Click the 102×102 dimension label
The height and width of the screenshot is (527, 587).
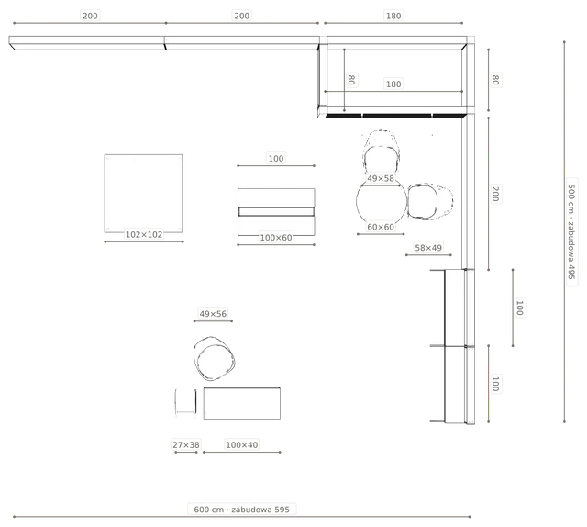coord(144,235)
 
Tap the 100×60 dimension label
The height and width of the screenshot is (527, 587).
coord(276,238)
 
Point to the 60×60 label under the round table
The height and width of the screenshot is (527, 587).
coord(381,227)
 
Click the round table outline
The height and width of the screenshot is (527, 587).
coord(357,202)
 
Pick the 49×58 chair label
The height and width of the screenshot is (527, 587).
coord(381,178)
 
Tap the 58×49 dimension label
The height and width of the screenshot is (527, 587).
coord(428,248)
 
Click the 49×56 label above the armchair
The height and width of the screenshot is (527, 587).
coord(213,314)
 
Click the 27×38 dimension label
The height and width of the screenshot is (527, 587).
coord(186,445)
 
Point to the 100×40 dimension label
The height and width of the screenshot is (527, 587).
coord(242,445)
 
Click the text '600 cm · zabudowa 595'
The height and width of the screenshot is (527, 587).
coord(242,510)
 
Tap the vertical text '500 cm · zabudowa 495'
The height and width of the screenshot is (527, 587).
coord(571,231)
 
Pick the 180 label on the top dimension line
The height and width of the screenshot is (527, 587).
coord(393,16)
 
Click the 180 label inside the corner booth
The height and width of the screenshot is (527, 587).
coord(393,84)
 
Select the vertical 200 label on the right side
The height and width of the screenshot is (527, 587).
coord(495,194)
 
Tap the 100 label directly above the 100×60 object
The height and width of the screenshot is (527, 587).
coord(276,159)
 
